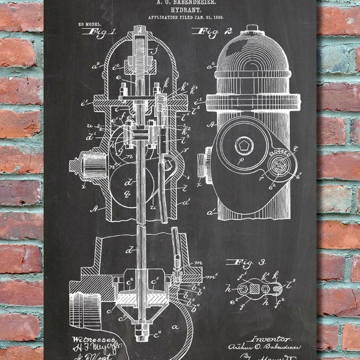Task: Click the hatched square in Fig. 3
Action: tap(253, 287)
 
